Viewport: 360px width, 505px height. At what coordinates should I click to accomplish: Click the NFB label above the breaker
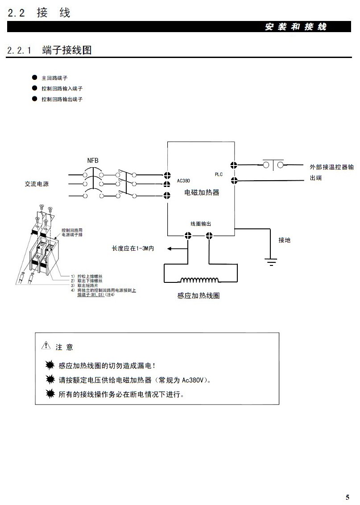[93, 160]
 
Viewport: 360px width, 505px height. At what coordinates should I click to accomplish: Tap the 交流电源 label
[37, 184]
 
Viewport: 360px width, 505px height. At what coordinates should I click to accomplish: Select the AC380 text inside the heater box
[183, 181]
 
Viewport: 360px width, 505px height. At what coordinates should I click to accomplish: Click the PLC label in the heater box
[219, 174]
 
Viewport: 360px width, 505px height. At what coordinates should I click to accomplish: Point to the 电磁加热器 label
[202, 193]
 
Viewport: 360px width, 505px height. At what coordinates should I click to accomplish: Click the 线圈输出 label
[201, 224]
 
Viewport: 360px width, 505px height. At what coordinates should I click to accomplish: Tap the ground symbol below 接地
[270, 261]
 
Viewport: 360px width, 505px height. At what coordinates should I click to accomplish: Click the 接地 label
[284, 240]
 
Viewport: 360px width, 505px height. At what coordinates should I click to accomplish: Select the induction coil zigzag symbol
[200, 280]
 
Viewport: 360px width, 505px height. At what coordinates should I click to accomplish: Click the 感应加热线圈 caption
[199, 296]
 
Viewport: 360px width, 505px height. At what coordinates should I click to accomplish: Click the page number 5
[348, 497]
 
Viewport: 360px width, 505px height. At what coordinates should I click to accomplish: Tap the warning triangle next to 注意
[46, 346]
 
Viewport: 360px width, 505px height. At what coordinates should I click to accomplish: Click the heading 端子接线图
[67, 50]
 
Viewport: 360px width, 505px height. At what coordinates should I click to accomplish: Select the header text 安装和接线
[296, 27]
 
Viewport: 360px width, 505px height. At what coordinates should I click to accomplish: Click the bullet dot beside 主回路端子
[34, 77]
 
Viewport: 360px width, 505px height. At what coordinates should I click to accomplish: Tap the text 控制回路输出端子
[62, 99]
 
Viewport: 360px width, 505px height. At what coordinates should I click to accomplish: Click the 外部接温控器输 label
[332, 167]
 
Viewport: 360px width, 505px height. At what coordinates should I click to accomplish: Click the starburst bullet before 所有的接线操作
[50, 394]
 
